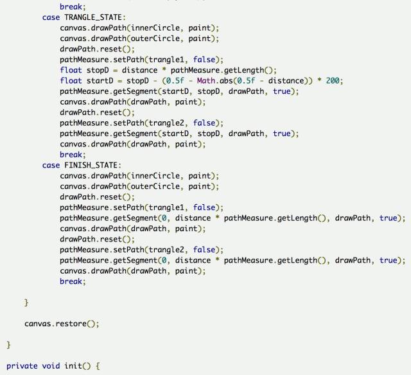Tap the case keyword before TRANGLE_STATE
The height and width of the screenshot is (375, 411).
[51, 17]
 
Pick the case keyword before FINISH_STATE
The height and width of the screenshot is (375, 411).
[51, 165]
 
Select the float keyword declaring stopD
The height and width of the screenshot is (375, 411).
[71, 70]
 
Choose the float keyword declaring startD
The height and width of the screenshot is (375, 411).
[71, 81]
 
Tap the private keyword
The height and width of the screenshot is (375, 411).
[22, 366]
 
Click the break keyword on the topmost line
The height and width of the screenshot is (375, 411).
[72, 6]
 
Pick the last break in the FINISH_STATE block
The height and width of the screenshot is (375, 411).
[72, 281]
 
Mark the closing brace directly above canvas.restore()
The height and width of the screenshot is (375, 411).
[26, 302]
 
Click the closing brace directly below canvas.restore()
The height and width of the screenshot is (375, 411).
[9, 345]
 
